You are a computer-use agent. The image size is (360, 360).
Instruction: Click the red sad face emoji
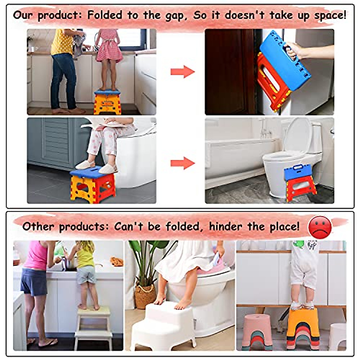320,227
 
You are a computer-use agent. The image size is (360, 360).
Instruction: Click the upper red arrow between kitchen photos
182,72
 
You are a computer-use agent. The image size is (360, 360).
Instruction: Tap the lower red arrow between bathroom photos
182,163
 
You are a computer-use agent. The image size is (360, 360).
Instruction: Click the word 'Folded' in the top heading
104,15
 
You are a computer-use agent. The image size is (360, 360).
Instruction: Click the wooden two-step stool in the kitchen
93,325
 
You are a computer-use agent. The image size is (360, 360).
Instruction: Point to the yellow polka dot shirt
62,42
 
